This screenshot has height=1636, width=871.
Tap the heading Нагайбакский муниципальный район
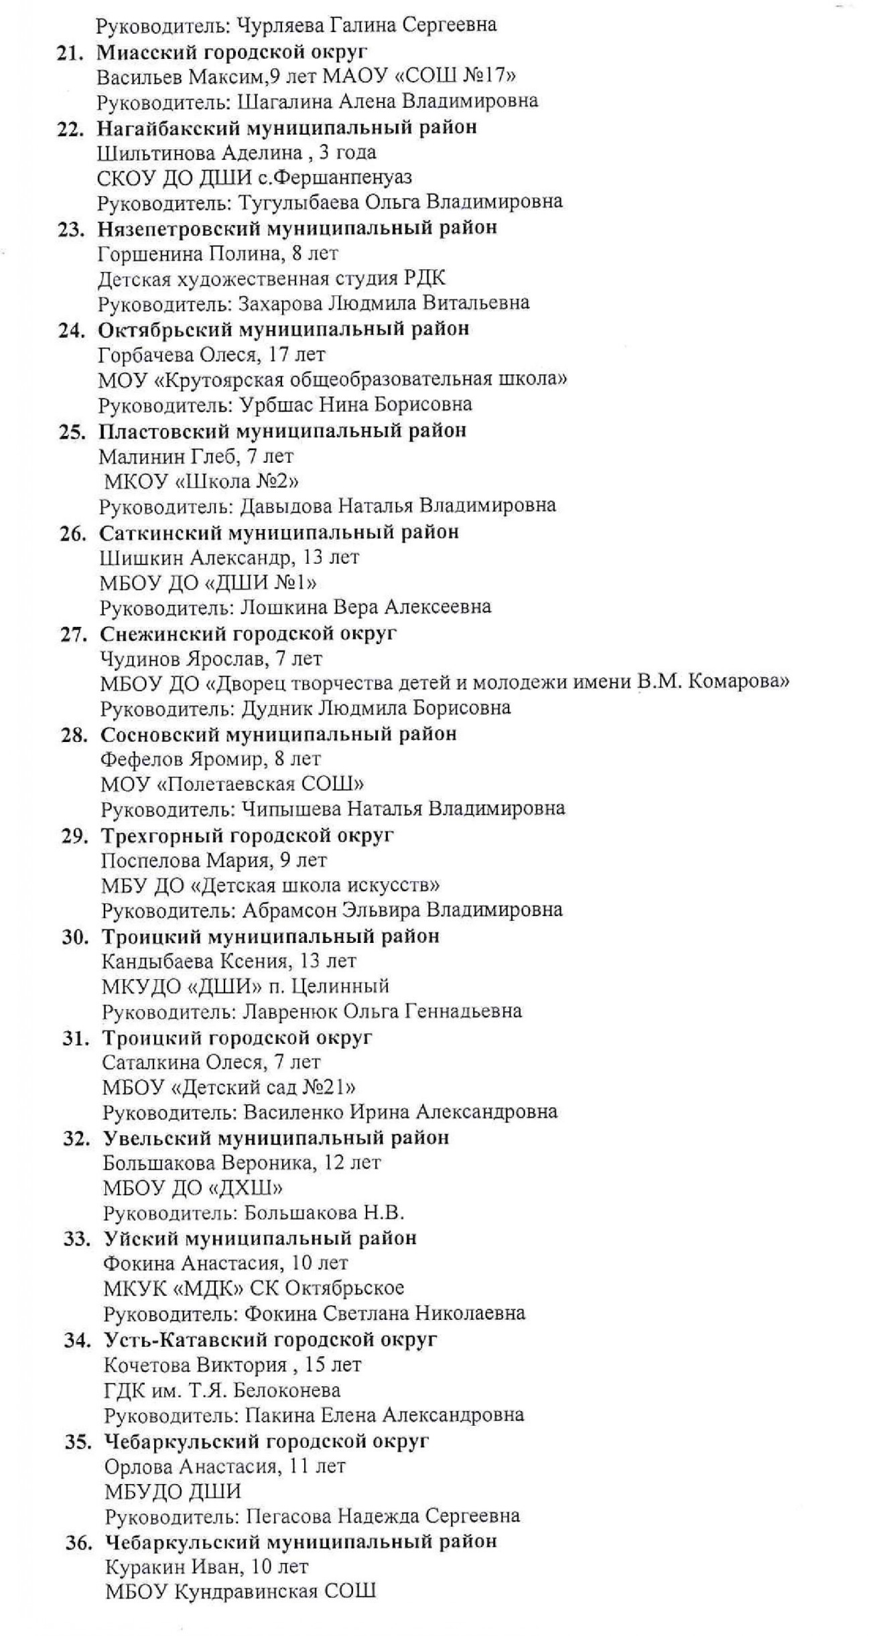point(287,127)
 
